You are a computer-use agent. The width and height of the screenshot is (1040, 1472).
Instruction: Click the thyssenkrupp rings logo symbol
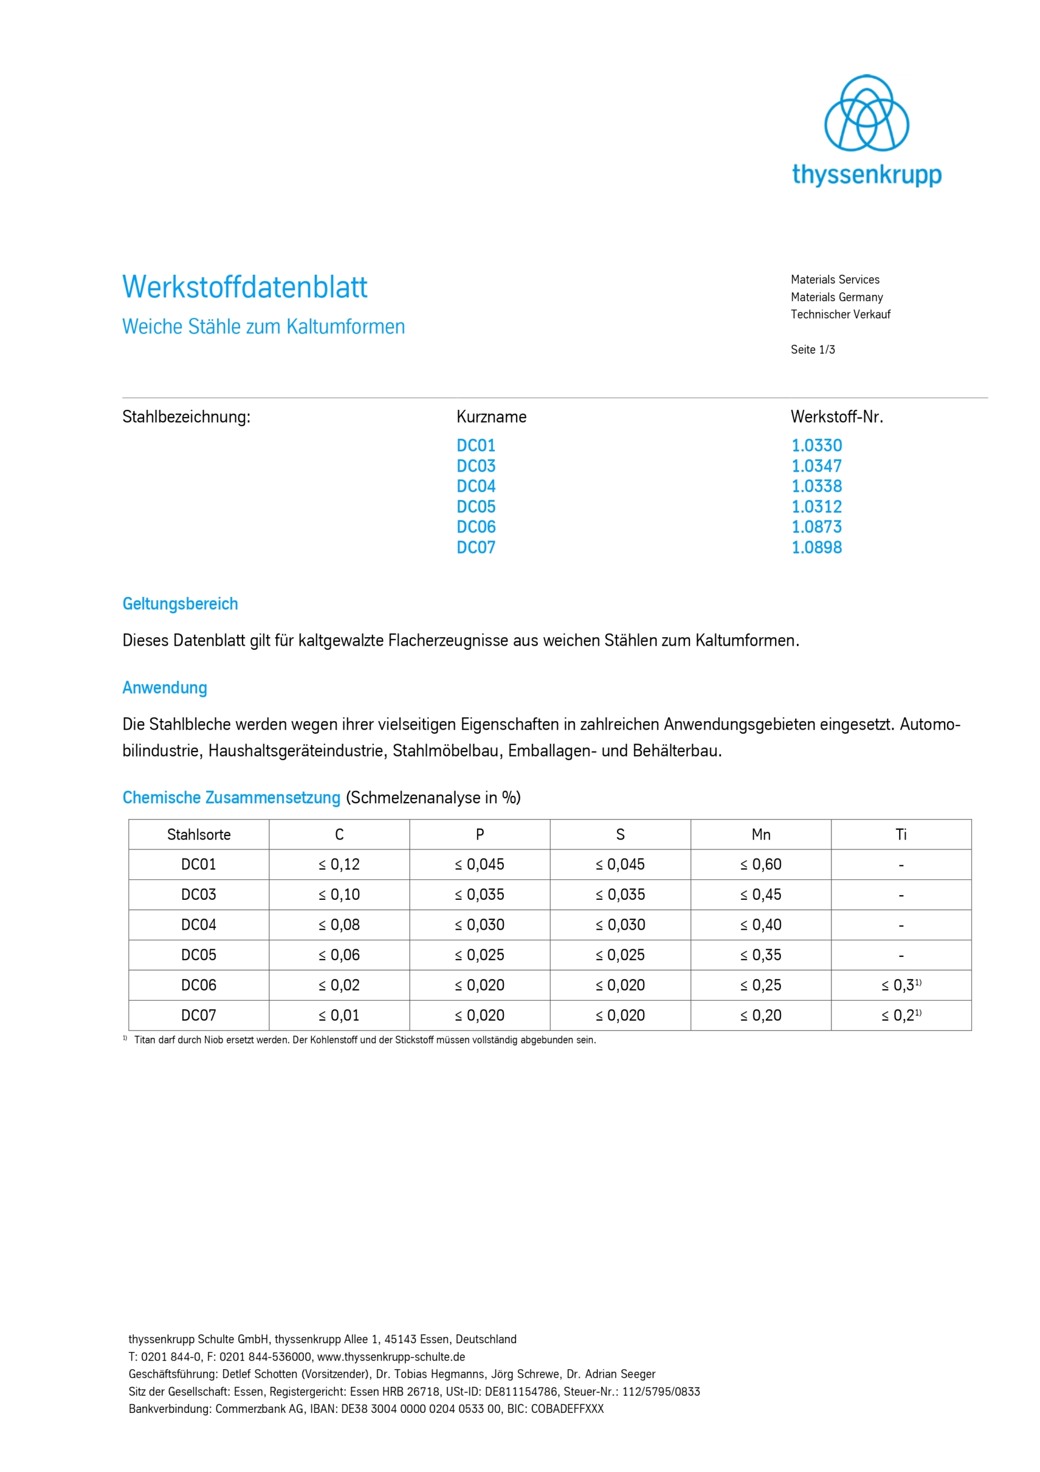click(866, 113)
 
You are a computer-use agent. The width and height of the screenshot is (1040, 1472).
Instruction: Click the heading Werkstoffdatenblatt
click(245, 287)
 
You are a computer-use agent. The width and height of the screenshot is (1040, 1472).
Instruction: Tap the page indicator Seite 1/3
click(812, 350)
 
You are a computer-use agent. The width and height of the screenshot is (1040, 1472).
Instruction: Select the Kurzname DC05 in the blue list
click(475, 507)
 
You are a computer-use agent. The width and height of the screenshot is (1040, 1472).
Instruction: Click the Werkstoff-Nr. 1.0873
click(816, 527)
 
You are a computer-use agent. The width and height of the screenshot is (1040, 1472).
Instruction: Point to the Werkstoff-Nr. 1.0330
click(816, 446)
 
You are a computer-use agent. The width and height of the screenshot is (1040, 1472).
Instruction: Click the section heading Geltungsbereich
click(180, 604)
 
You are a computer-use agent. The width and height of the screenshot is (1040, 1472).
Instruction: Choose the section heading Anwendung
click(165, 688)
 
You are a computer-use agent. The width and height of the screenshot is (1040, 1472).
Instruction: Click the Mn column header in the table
click(761, 835)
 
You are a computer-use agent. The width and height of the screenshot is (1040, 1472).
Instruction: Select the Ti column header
click(901, 835)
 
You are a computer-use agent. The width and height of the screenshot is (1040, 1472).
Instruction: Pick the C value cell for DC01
click(339, 865)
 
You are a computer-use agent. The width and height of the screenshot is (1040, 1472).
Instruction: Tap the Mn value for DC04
click(761, 925)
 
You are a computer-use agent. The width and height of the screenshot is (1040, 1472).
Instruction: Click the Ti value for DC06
click(900, 986)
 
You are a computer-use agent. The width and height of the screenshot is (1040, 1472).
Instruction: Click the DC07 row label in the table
click(199, 1015)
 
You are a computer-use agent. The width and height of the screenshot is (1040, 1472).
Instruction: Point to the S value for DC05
click(619, 955)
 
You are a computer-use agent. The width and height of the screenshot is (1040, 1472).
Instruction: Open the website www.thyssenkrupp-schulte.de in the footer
click(391, 1357)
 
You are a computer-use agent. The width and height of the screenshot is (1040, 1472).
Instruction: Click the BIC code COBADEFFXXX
click(567, 1409)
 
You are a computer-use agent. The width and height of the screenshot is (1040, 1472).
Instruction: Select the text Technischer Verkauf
click(840, 315)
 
